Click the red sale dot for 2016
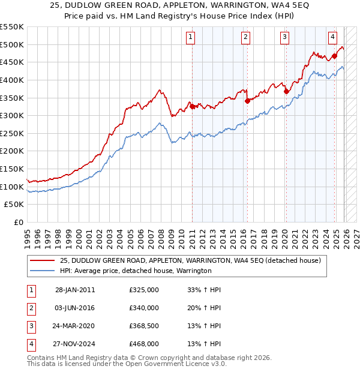coord(247,101)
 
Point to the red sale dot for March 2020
coord(286,91)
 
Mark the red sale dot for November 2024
coord(334,56)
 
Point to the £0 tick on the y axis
coord(18,222)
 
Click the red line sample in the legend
coord(42,260)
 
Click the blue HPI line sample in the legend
coord(42,271)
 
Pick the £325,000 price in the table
coord(144,290)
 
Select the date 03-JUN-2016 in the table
coord(75,308)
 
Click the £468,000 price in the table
coord(144,344)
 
